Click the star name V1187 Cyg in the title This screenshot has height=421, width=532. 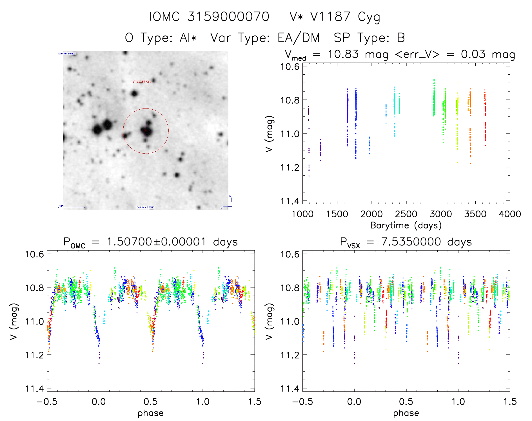point(345,17)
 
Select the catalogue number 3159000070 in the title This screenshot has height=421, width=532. point(228,17)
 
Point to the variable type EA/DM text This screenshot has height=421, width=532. point(299,38)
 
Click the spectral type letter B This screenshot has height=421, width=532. point(401,38)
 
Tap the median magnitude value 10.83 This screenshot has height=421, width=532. point(343,54)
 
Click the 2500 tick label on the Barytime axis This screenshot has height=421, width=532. point(406,214)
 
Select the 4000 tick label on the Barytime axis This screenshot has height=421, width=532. point(510,214)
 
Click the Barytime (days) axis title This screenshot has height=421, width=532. point(406,225)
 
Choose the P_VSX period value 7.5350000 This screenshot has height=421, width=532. point(411,242)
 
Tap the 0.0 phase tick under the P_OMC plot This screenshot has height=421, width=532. point(99,402)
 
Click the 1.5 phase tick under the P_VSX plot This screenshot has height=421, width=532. point(510,402)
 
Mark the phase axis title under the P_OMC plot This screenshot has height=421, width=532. point(151,413)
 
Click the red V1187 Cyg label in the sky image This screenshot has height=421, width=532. point(142,82)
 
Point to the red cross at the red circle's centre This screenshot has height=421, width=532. point(146,131)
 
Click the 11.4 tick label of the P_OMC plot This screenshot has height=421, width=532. point(34,389)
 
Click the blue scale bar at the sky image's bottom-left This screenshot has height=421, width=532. point(72,208)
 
